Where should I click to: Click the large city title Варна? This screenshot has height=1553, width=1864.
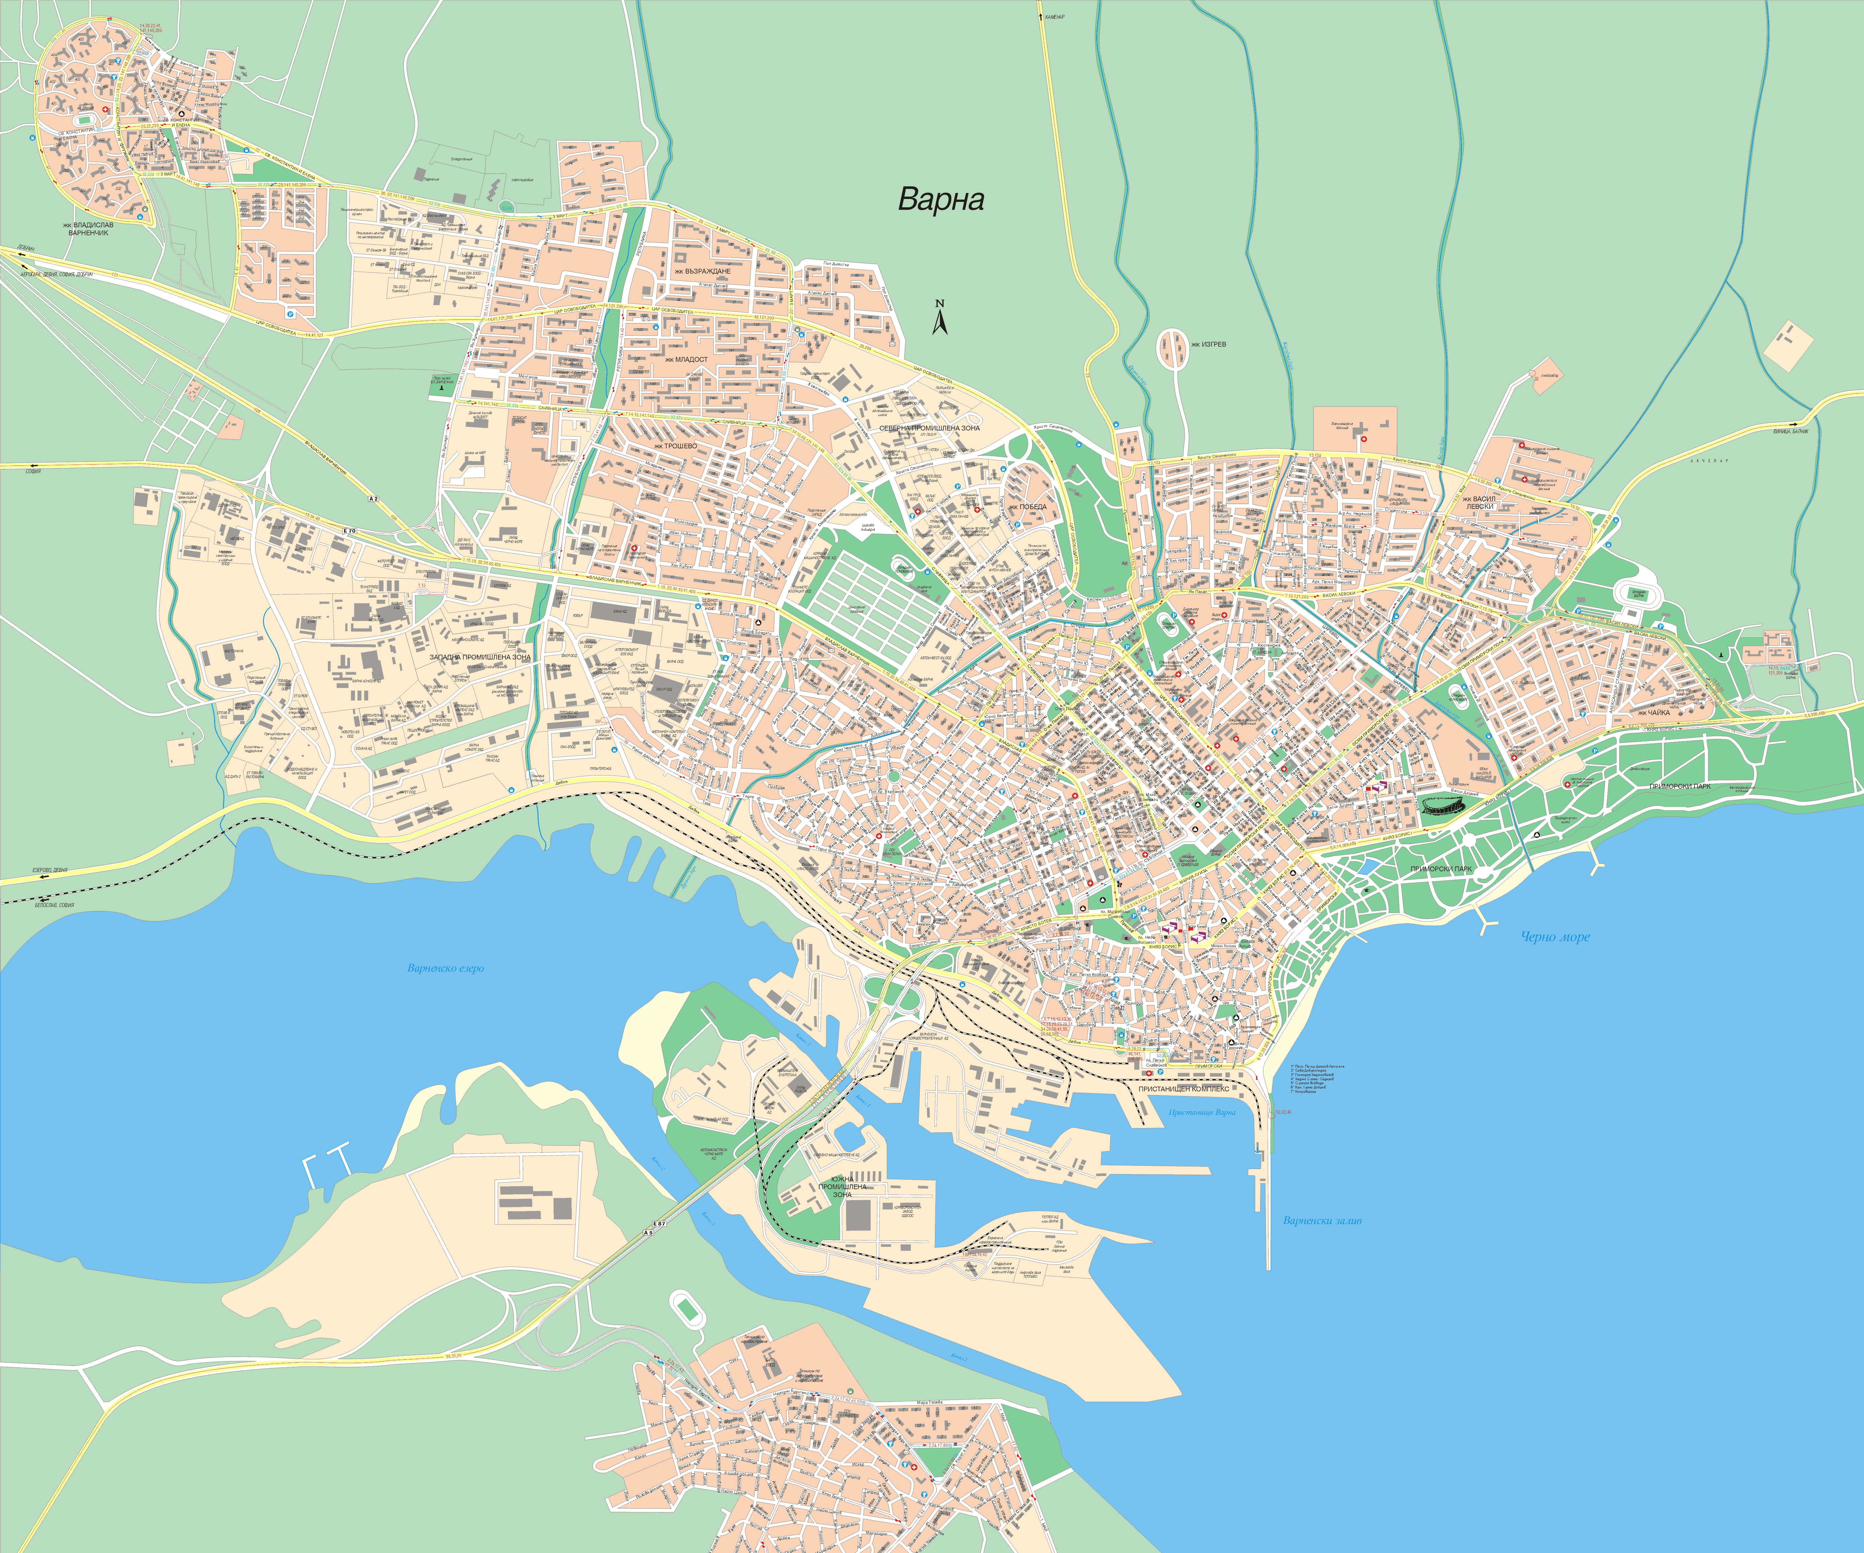(x=941, y=199)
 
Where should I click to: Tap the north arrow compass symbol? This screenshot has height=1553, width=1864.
(x=940, y=318)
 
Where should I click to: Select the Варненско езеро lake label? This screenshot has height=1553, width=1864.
(x=446, y=968)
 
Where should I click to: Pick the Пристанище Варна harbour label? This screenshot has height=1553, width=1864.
(x=1202, y=1112)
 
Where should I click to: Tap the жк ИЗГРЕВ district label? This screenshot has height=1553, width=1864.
(x=1208, y=344)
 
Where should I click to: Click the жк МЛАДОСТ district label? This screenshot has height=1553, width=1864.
(x=686, y=360)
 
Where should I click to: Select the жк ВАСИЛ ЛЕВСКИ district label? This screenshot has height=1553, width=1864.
(x=1479, y=502)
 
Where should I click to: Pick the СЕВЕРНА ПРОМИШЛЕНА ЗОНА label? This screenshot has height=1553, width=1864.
(x=929, y=428)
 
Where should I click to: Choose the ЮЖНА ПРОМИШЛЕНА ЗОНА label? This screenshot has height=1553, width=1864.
(x=842, y=1187)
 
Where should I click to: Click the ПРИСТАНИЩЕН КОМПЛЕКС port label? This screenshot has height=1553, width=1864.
(x=1184, y=1088)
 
